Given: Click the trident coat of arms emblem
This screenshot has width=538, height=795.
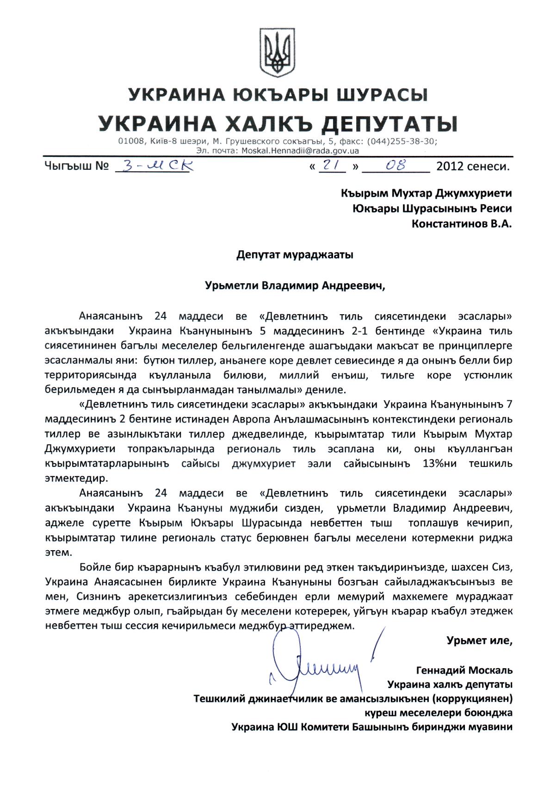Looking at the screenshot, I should tap(277, 51).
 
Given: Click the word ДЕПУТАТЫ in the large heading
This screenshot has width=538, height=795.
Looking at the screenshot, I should tap(390, 124).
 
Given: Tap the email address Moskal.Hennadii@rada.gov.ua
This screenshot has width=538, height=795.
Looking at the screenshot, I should tap(303, 150).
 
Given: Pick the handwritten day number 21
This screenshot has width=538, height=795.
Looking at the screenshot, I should tap(331, 165).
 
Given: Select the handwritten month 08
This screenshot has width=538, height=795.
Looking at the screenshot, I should tap(396, 165).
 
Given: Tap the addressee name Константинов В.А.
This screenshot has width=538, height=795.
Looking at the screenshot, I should tap(462, 224).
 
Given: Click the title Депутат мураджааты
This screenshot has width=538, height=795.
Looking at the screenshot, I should tap(295, 255).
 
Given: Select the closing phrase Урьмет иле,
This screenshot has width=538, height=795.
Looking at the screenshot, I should tap(479, 641).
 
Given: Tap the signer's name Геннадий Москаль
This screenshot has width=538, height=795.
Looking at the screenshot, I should tap(464, 670).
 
